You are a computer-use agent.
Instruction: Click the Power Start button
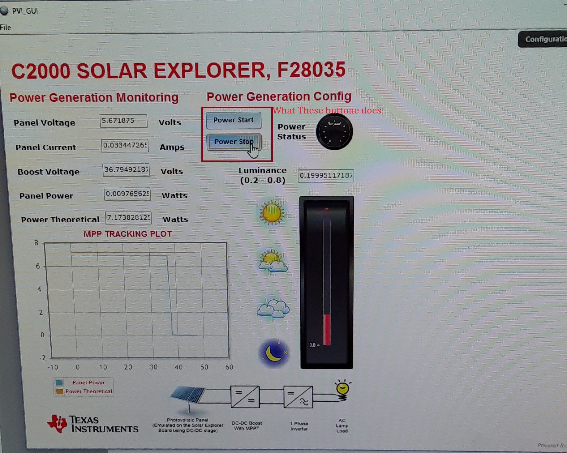click(x=233, y=120)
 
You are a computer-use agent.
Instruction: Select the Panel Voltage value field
click(x=123, y=121)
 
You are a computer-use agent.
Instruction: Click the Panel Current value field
click(x=125, y=145)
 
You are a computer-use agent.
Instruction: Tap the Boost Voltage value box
click(x=126, y=170)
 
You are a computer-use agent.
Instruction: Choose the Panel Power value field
click(x=127, y=194)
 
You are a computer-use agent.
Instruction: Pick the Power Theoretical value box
click(x=128, y=218)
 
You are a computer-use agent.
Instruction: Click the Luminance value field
click(x=326, y=176)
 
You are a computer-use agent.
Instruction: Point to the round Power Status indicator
click(x=334, y=131)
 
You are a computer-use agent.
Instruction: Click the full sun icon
click(x=272, y=213)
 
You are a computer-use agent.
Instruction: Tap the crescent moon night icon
click(x=274, y=353)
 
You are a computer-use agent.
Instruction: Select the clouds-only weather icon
click(x=273, y=309)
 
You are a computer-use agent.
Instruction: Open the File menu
click(x=6, y=28)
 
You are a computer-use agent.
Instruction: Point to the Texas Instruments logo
click(x=92, y=424)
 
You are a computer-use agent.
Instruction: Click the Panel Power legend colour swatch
click(x=59, y=383)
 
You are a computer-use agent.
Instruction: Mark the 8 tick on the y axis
click(x=37, y=243)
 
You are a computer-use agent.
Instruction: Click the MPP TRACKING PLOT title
click(x=127, y=234)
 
